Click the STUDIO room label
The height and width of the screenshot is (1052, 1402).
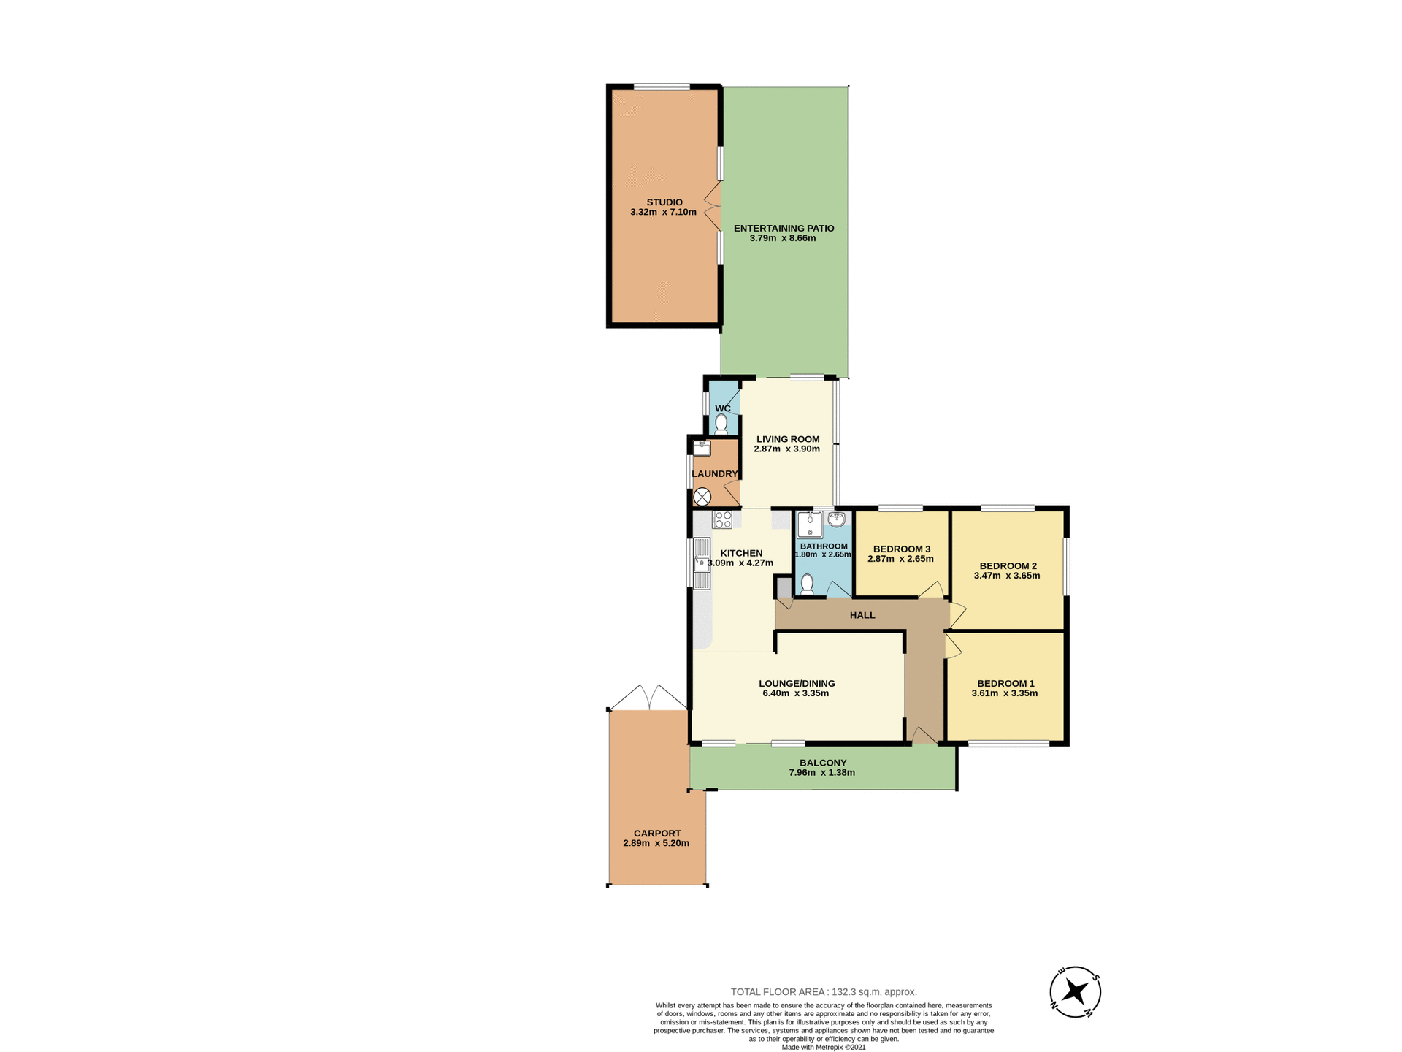tap(664, 202)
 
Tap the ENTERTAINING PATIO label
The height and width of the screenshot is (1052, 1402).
tap(784, 228)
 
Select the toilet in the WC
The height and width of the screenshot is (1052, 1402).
tap(721, 424)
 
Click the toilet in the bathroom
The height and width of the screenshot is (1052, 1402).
tap(807, 584)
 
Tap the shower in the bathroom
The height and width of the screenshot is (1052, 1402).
tap(809, 525)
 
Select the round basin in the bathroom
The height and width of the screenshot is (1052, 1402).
tap(837, 519)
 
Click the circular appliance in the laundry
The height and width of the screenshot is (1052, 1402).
tap(702, 498)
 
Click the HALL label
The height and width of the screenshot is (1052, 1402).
tap(862, 615)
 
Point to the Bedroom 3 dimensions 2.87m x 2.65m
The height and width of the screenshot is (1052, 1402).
tap(900, 559)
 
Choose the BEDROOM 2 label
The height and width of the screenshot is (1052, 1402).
tap(1008, 565)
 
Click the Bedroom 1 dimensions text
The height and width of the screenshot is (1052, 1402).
tap(1004, 693)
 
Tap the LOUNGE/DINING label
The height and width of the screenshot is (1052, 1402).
tap(796, 683)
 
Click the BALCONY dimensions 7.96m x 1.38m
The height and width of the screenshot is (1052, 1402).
tap(821, 772)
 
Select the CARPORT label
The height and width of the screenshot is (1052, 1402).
tap(656, 833)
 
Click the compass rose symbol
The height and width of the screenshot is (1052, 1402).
tap(1075, 991)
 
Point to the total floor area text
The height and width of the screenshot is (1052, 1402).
tap(823, 991)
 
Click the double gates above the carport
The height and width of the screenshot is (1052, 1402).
tap(648, 698)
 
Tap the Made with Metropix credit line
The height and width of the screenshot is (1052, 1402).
tap(823, 1047)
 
